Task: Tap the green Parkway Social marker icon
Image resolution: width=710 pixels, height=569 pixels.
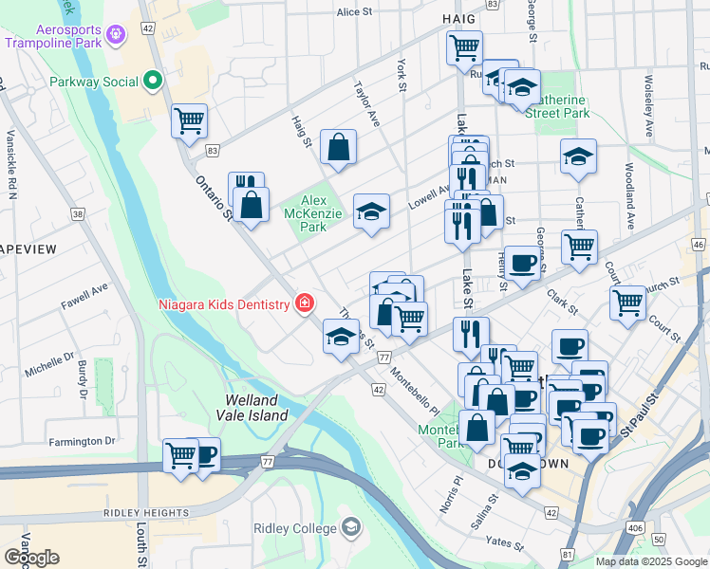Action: [152, 82]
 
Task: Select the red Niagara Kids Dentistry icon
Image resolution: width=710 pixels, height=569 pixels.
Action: [306, 304]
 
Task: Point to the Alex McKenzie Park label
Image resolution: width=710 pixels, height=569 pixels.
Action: [313, 213]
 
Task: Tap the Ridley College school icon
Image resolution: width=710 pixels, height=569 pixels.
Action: [351, 527]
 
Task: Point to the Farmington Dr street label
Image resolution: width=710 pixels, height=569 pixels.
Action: [83, 441]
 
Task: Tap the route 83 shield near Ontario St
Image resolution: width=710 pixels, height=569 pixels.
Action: [213, 151]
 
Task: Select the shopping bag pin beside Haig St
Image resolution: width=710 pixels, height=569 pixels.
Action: [338, 148]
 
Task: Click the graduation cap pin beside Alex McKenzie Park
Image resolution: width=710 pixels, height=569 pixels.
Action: [371, 212]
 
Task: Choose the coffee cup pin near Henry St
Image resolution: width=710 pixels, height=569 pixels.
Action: [521, 264]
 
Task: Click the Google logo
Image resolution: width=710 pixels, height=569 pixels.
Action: [31, 558]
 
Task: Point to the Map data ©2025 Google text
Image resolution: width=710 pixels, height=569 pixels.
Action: [650, 561]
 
